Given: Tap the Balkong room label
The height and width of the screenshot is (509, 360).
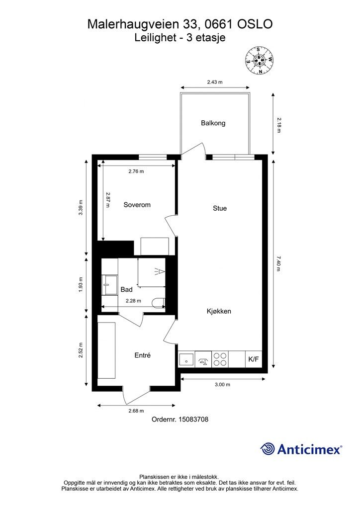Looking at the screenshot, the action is tap(213, 123).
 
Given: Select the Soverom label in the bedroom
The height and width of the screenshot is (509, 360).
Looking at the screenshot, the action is tap(137, 205).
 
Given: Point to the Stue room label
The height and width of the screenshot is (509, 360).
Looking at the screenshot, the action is tap(220, 208).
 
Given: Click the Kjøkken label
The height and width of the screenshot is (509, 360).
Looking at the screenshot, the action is tap(219, 311).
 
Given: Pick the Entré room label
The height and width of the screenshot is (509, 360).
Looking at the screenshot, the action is tap(143, 355).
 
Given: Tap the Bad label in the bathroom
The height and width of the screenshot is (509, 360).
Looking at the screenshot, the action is tap(126, 290).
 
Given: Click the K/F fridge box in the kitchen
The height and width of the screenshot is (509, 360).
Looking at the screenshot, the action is tap(254, 359).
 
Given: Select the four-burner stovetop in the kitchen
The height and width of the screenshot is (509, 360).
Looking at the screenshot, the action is tap(220, 359).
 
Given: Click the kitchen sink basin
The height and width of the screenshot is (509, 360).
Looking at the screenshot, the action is tap(186, 360).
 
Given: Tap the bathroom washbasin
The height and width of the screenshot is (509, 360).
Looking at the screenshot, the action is tap(110, 285).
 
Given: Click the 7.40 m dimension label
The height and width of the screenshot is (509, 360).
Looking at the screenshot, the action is tap(278, 264).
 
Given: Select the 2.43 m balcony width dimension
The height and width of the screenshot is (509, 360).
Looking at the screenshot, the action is tap(215, 82).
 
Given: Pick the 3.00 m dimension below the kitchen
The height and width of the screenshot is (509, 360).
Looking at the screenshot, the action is tap(222, 385).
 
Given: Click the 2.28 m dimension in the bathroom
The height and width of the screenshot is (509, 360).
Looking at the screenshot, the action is tap(133, 301).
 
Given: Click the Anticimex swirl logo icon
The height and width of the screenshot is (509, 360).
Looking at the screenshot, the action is tap(267, 449).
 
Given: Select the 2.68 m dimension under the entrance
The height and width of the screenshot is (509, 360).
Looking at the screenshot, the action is tap(136, 411).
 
